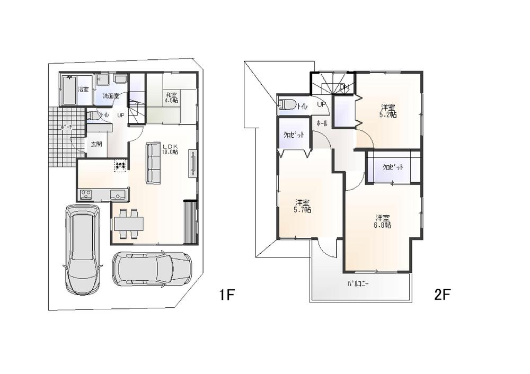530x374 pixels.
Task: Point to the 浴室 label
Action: click(83, 90)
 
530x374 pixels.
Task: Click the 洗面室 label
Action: click(111, 96)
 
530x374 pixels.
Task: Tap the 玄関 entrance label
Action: click(96, 144)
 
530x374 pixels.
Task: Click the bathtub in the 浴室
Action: click(69, 91)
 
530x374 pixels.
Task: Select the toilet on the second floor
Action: click(288, 105)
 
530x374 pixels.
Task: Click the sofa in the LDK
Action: click(153, 163)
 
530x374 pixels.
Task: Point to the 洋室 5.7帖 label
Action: click(303, 206)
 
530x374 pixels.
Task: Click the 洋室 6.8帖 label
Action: click(383, 221)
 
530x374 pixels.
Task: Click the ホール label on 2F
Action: click(321, 123)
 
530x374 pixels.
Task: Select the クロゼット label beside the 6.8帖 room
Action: click(393, 167)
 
